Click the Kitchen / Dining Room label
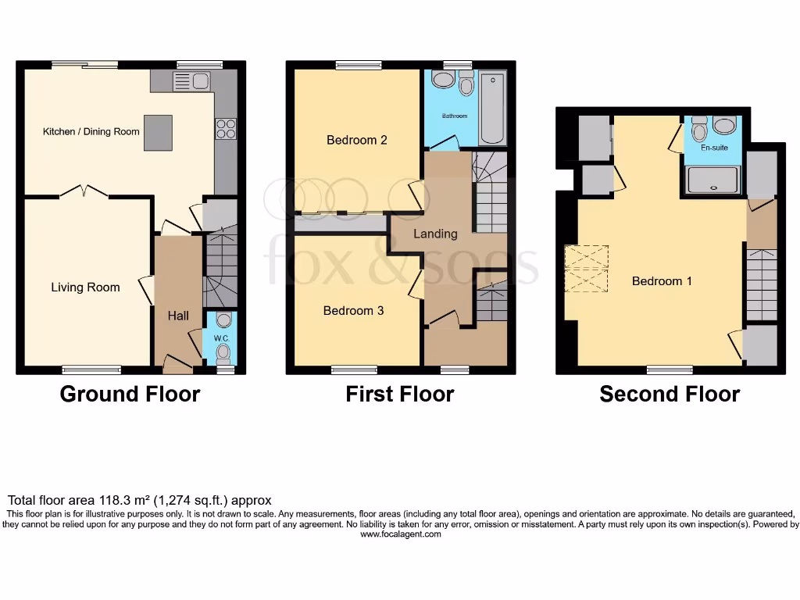[x=91, y=131]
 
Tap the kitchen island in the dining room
[x=158, y=132]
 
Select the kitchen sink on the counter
[x=191, y=80]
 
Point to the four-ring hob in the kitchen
[x=225, y=128]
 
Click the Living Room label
[x=85, y=287]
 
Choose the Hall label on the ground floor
[x=178, y=316]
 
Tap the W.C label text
[x=223, y=338]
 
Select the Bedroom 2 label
[x=357, y=141]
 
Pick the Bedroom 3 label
[x=353, y=311]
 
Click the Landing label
[x=435, y=234]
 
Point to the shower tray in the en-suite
[x=712, y=180]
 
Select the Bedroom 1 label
[x=662, y=281]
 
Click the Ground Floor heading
[x=130, y=395]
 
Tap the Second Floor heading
[x=670, y=395]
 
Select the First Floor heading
[x=400, y=395]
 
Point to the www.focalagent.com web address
[x=401, y=535]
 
